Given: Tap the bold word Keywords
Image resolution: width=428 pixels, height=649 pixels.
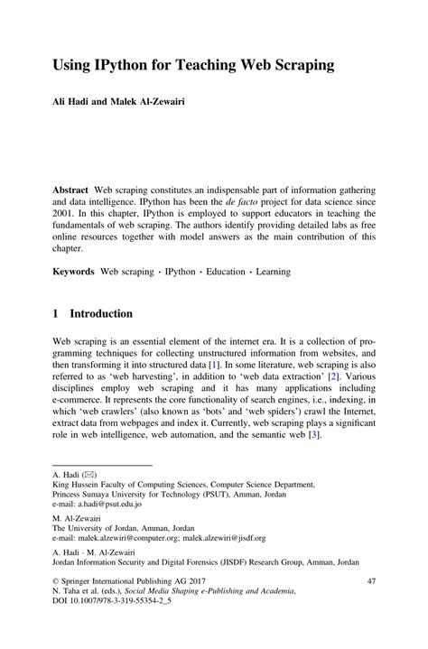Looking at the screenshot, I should [x=73, y=270].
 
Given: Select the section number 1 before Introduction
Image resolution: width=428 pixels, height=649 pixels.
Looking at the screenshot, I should [x=56, y=313].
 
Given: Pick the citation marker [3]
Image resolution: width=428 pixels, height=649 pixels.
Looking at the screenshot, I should [x=313, y=434].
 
